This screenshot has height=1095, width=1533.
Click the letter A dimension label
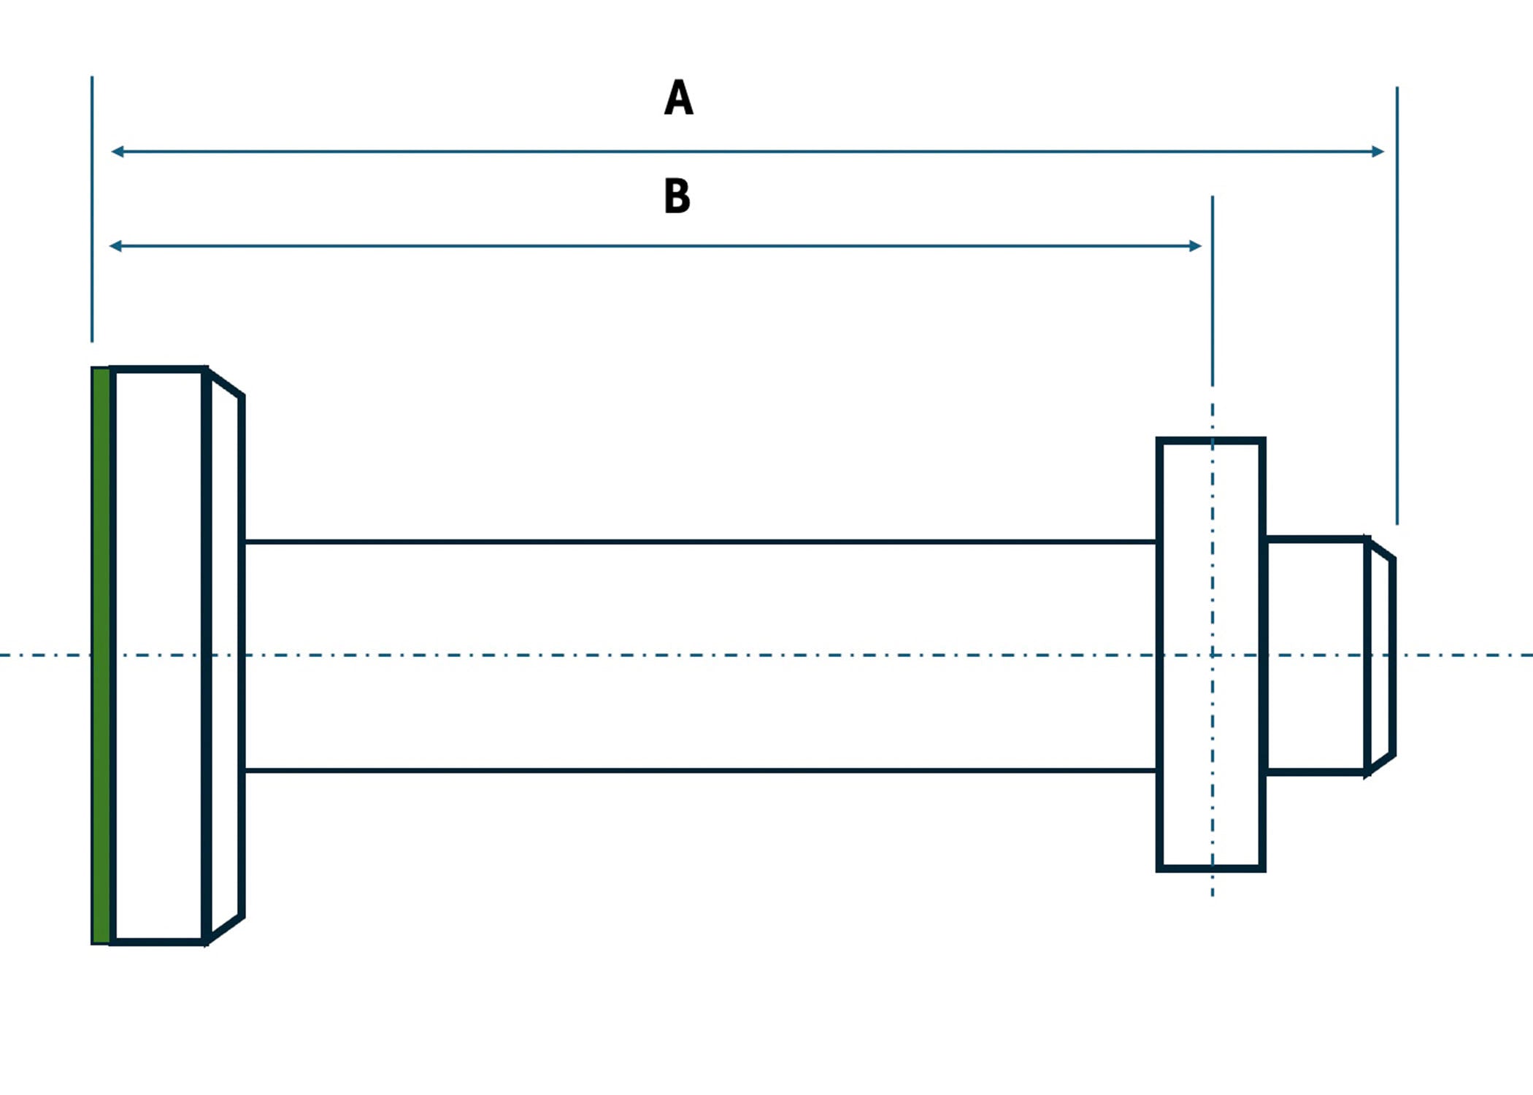[x=678, y=98]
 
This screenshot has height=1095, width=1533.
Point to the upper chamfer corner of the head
[x=241, y=396]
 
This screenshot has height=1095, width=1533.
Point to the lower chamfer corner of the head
[x=241, y=916]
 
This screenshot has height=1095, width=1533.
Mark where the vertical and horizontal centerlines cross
[x=1213, y=655]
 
